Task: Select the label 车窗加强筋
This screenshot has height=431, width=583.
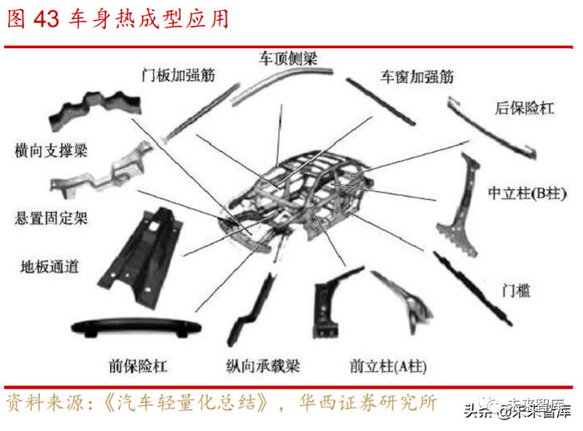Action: tap(416, 77)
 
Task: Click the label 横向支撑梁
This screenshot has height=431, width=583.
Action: tap(51, 151)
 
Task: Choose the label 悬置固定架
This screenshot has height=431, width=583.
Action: tap(51, 218)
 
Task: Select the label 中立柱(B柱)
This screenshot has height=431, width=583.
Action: tap(526, 193)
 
